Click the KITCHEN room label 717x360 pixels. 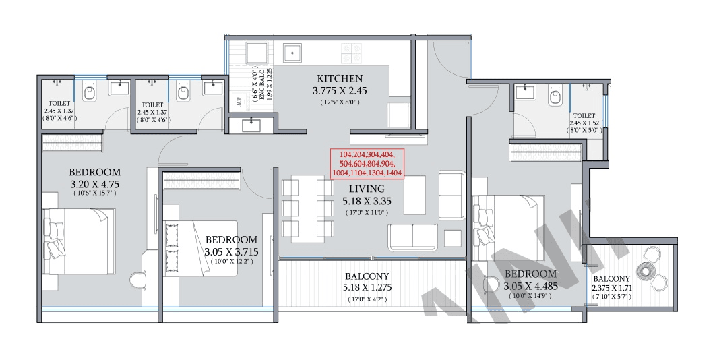pos(339,78)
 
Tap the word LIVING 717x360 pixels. pos(367,189)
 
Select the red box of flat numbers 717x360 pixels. pos(367,164)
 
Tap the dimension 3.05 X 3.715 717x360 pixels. pos(231,251)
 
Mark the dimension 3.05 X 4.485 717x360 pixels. pos(532,285)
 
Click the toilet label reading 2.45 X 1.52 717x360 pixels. pos(584,124)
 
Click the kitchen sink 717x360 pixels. pos(294,53)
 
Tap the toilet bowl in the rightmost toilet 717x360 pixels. pos(555,97)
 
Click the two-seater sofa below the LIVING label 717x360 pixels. pos(412,237)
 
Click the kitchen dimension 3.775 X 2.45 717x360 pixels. pos(339,90)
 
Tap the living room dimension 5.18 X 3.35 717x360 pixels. pos(367,201)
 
